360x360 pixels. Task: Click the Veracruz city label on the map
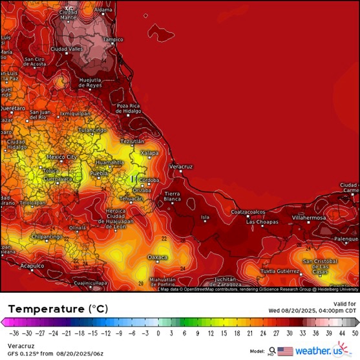click(x=181, y=167)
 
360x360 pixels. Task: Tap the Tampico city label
click(x=113, y=39)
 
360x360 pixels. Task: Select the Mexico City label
click(x=62, y=157)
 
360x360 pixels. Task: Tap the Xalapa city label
click(x=149, y=153)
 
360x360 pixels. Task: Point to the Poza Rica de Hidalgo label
click(x=129, y=108)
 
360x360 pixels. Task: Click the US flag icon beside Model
click(x=285, y=351)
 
